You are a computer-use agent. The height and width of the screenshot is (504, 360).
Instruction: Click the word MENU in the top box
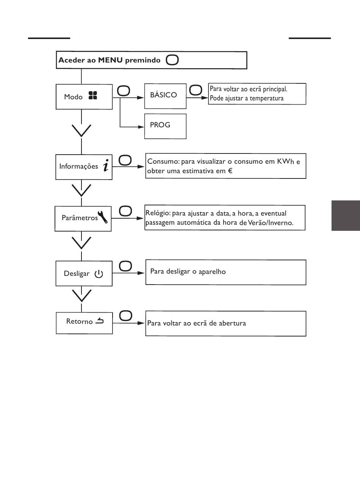pyautogui.click(x=110, y=60)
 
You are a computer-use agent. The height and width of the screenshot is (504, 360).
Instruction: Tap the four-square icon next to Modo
pyautogui.click(x=93, y=95)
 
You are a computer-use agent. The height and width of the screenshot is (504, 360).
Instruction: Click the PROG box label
pyautogui.click(x=160, y=125)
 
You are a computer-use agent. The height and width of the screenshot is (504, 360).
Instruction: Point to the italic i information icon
pyautogui.click(x=106, y=165)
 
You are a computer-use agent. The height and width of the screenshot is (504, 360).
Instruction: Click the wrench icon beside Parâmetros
pyautogui.click(x=103, y=217)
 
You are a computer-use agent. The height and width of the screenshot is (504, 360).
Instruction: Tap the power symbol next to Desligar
pyautogui.click(x=99, y=274)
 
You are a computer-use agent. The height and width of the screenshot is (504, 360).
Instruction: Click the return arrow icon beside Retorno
pyautogui.click(x=99, y=321)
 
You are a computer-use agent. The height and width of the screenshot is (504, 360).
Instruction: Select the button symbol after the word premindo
pyautogui.click(x=172, y=60)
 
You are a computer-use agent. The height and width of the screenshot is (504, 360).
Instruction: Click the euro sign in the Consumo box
pyautogui.click(x=230, y=171)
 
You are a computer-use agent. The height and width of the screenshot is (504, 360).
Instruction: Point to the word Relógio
pyautogui.click(x=158, y=213)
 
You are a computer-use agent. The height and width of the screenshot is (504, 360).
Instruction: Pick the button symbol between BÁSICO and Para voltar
pyautogui.click(x=196, y=90)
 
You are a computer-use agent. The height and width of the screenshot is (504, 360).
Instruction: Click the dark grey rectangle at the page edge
pyautogui.click(x=346, y=216)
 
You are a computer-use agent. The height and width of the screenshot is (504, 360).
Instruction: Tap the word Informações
pyautogui.click(x=78, y=166)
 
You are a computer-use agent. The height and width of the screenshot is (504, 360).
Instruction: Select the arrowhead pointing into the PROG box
pyautogui.click(x=141, y=127)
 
